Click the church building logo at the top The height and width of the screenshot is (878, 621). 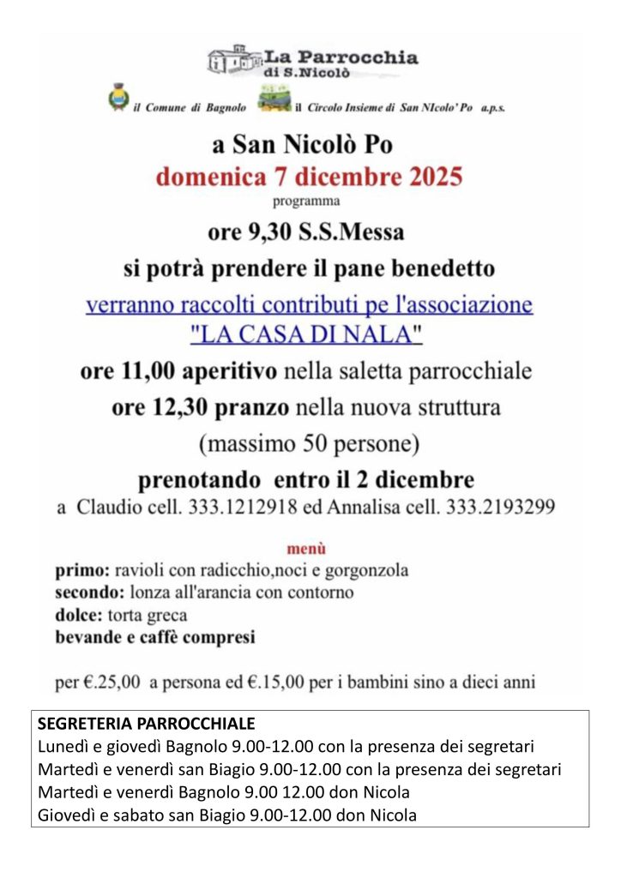233,59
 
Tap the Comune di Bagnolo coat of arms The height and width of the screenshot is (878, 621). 117,97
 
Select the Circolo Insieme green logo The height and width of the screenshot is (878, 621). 274,99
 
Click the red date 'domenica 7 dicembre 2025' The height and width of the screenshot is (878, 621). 309,177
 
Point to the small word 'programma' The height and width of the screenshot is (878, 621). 306,202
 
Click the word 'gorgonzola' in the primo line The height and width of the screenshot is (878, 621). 367,570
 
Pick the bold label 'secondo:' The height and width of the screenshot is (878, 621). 90,592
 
